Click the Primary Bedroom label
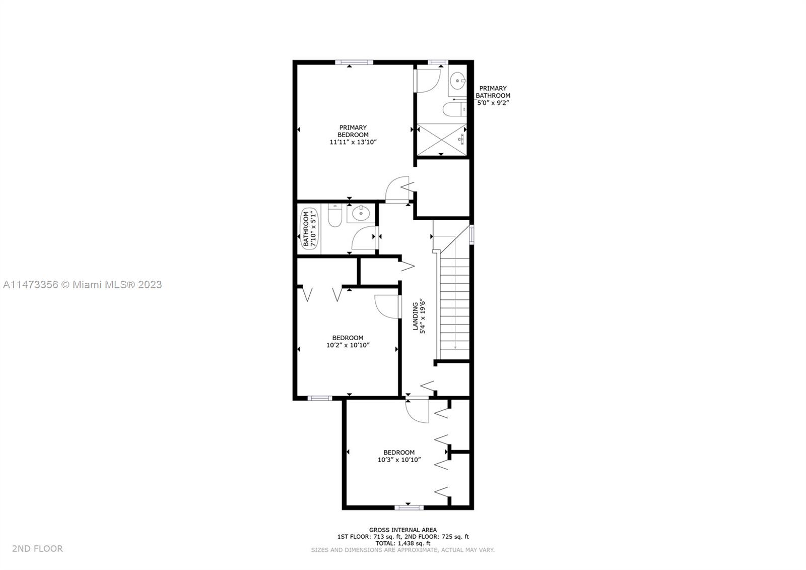353,131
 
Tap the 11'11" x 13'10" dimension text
353,142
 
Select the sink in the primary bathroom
458,81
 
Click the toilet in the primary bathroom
454,109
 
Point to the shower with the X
441,140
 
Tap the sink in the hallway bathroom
361,214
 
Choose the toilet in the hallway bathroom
334,215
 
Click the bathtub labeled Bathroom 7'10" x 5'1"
309,229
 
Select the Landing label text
415,316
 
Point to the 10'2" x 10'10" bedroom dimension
348,345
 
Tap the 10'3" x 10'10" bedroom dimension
399,460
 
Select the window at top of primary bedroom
354,62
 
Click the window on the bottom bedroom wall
409,508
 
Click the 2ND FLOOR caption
37,549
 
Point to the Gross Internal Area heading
403,530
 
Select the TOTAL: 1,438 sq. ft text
403,543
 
